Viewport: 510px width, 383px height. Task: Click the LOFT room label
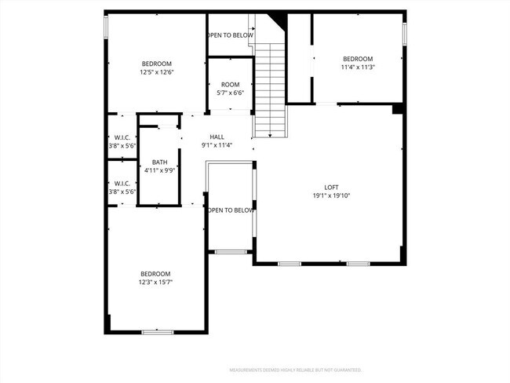point(331,186)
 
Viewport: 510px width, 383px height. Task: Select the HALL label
point(217,137)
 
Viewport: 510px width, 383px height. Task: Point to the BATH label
point(159,162)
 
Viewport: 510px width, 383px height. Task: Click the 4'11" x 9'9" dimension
point(159,170)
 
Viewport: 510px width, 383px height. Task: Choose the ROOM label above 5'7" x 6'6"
point(230,85)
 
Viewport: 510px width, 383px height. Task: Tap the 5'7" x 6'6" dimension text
point(230,93)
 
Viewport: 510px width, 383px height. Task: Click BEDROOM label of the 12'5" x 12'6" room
point(156,64)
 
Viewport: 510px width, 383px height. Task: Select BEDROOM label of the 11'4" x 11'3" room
point(358,59)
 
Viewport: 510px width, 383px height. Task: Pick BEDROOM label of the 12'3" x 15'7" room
point(155,273)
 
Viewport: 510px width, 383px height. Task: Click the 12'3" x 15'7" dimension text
point(155,282)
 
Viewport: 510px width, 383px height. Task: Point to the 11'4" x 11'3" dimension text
point(358,67)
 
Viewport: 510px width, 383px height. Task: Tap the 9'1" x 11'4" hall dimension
point(217,145)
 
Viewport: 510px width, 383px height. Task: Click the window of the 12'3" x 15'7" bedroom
point(157,332)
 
